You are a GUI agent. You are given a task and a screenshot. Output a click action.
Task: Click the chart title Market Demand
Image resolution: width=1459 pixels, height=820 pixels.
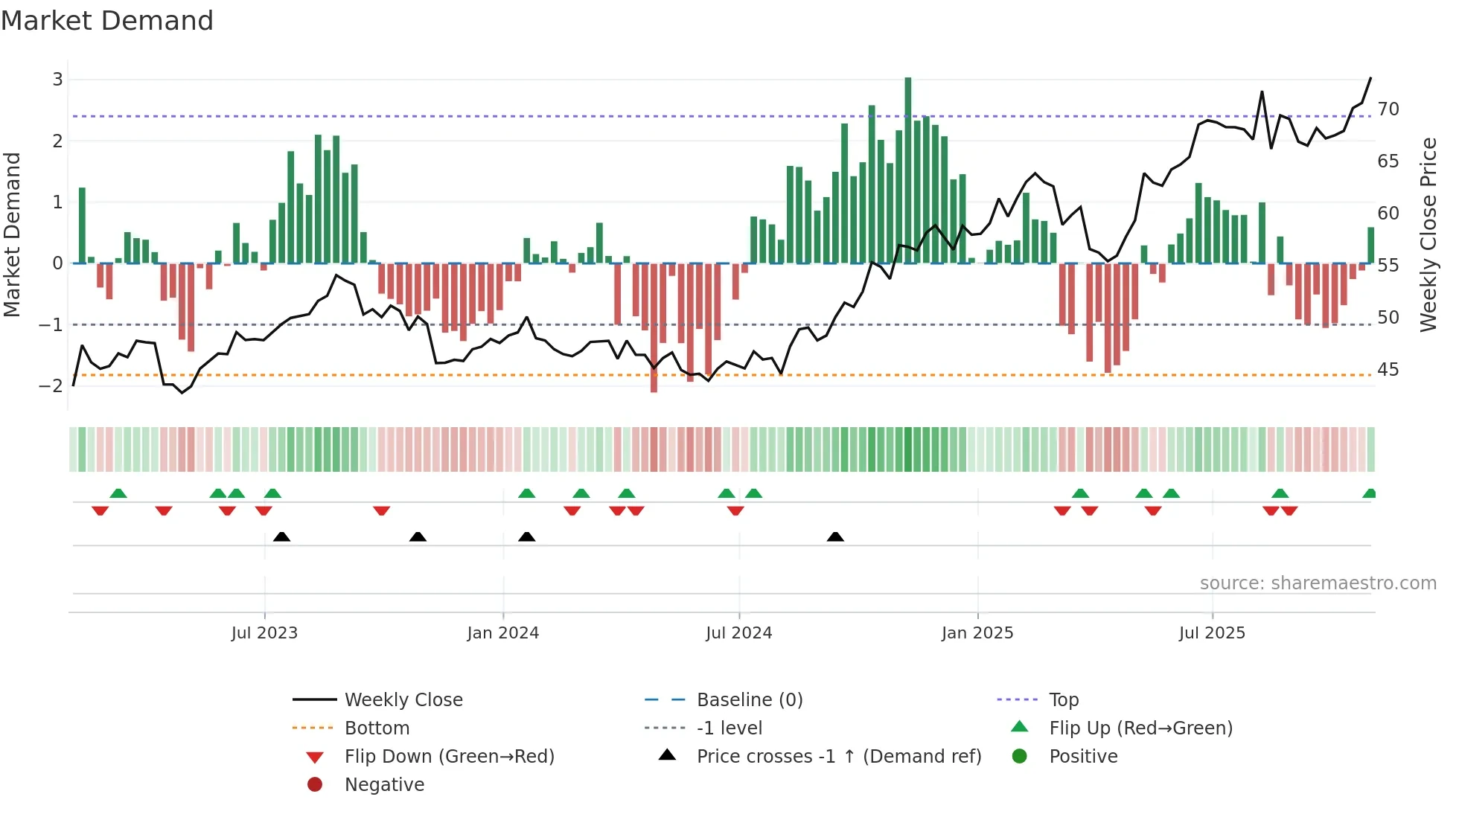107,21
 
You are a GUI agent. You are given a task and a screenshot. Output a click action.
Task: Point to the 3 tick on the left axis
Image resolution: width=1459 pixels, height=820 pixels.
57,80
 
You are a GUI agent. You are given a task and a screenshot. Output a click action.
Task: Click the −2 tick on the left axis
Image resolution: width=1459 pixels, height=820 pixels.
51,385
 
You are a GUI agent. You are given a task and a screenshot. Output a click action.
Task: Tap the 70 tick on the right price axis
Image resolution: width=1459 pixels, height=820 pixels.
1388,109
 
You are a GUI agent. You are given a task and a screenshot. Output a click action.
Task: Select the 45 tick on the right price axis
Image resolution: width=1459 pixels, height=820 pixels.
1388,370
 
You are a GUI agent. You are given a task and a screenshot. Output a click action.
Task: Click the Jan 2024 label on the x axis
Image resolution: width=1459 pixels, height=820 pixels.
502,633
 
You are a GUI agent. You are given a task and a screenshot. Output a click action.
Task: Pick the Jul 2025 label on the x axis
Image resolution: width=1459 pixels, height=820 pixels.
1212,633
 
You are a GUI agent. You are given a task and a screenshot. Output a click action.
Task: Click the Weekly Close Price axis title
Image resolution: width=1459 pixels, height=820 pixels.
1428,234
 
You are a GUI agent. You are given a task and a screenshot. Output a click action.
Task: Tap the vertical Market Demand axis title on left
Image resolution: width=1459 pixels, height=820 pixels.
13,234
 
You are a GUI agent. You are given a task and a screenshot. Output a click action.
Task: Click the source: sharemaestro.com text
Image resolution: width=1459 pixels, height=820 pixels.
1318,583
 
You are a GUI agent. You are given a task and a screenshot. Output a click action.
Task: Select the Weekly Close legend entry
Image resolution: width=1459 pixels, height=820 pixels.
403,700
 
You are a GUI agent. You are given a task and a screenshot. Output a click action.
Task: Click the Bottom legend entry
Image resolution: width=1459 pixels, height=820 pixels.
377,728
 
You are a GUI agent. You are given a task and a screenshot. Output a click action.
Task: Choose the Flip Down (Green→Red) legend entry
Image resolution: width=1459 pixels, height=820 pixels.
449,757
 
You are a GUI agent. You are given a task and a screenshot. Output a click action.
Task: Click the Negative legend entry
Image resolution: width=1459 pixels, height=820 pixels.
384,785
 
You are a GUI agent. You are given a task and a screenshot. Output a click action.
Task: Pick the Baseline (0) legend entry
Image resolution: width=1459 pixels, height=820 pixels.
749,700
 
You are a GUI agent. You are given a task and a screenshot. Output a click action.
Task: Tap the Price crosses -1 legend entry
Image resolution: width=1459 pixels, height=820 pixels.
838,757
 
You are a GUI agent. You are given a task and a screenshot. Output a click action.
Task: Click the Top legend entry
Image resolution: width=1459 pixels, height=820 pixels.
1064,700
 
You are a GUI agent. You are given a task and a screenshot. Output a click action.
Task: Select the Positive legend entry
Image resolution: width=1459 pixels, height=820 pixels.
1083,757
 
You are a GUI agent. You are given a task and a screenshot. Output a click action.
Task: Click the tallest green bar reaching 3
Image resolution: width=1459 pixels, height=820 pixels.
908,171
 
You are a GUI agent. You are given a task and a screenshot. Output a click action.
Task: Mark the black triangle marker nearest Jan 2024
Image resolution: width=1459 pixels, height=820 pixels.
527,537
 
